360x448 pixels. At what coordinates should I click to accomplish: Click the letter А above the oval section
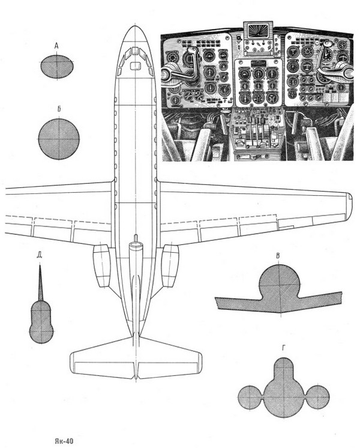pos(56,46)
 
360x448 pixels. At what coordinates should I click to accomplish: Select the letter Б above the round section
pos(59,109)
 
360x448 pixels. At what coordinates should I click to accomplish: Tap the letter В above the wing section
pos(278,256)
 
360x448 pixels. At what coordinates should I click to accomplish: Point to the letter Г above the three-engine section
pos(283,348)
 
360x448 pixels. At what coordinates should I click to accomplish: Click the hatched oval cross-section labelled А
pos(57,67)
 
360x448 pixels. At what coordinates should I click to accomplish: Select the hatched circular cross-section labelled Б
pos(59,139)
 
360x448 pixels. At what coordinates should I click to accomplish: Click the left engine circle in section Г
pos(250,397)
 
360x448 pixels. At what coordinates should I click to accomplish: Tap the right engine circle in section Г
pos(317,397)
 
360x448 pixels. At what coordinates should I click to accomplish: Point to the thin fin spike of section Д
pos(40,283)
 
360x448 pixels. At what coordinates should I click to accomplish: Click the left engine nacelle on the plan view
pos(102,265)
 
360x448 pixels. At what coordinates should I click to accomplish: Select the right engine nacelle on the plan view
pos(170,265)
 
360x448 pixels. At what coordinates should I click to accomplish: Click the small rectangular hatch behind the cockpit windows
pos(136,66)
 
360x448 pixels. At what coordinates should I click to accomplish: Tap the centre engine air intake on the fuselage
pos(136,245)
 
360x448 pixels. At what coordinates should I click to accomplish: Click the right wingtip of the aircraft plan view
pos(349,207)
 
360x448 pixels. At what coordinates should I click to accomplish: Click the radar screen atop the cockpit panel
pos(258,30)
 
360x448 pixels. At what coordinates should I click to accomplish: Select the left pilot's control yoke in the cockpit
pos(183,68)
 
